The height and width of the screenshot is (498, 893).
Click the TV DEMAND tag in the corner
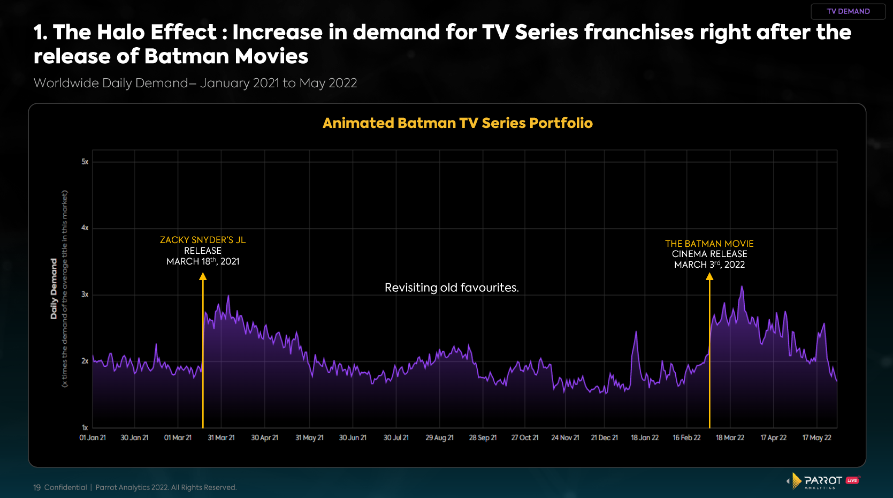click(848, 11)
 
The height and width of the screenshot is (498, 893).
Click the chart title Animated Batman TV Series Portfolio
click(457, 123)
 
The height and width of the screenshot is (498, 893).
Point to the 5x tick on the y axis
click(85, 162)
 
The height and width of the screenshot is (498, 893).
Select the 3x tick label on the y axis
click(85, 295)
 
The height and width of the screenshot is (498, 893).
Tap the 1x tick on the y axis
click(85, 427)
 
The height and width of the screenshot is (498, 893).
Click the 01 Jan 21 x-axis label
click(93, 438)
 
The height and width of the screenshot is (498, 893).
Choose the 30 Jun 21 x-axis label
click(353, 438)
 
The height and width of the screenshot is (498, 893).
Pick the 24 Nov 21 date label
click(565, 438)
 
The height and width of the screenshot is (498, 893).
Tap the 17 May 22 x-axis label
click(816, 438)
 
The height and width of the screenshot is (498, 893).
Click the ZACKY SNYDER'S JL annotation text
click(203, 240)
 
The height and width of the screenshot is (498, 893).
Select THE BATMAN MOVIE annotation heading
click(709, 244)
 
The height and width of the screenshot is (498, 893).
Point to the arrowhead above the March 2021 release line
click(203, 276)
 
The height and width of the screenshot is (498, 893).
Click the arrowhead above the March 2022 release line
click(709, 276)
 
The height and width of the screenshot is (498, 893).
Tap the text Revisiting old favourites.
click(452, 288)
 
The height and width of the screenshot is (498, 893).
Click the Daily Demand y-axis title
click(54, 289)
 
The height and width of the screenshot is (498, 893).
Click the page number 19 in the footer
click(37, 487)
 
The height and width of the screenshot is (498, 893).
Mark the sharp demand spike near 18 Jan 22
click(636, 333)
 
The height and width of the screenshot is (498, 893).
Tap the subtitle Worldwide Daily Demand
click(111, 83)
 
